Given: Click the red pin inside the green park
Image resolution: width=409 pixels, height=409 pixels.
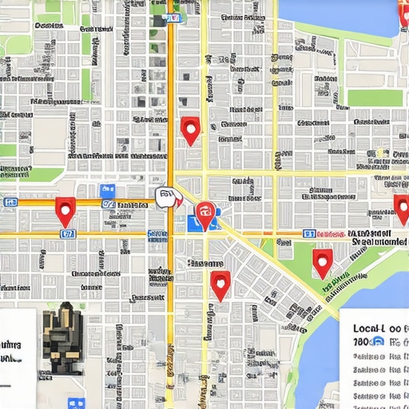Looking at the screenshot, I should pyautogui.click(x=322, y=260).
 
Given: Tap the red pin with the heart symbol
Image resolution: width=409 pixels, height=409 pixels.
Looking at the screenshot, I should pyautogui.click(x=220, y=283).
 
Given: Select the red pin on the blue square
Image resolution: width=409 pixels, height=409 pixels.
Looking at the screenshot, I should pyautogui.click(x=205, y=213).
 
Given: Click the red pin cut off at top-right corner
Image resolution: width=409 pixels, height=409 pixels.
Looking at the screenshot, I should pyautogui.click(x=403, y=11).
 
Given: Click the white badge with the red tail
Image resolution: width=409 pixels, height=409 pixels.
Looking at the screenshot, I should pyautogui.click(x=167, y=197).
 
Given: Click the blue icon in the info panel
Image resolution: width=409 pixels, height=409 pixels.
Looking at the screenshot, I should pyautogui.click(x=379, y=341).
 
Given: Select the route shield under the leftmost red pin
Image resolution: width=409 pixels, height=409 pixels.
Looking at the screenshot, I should pyautogui.click(x=68, y=234).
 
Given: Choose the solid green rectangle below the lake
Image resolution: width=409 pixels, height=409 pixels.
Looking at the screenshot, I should pyautogui.click(x=375, y=97).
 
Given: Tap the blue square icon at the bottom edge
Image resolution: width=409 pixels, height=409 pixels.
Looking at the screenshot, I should pyautogui.click(x=77, y=404).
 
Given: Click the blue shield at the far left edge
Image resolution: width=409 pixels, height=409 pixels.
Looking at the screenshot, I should pyautogui.click(x=10, y=202).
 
